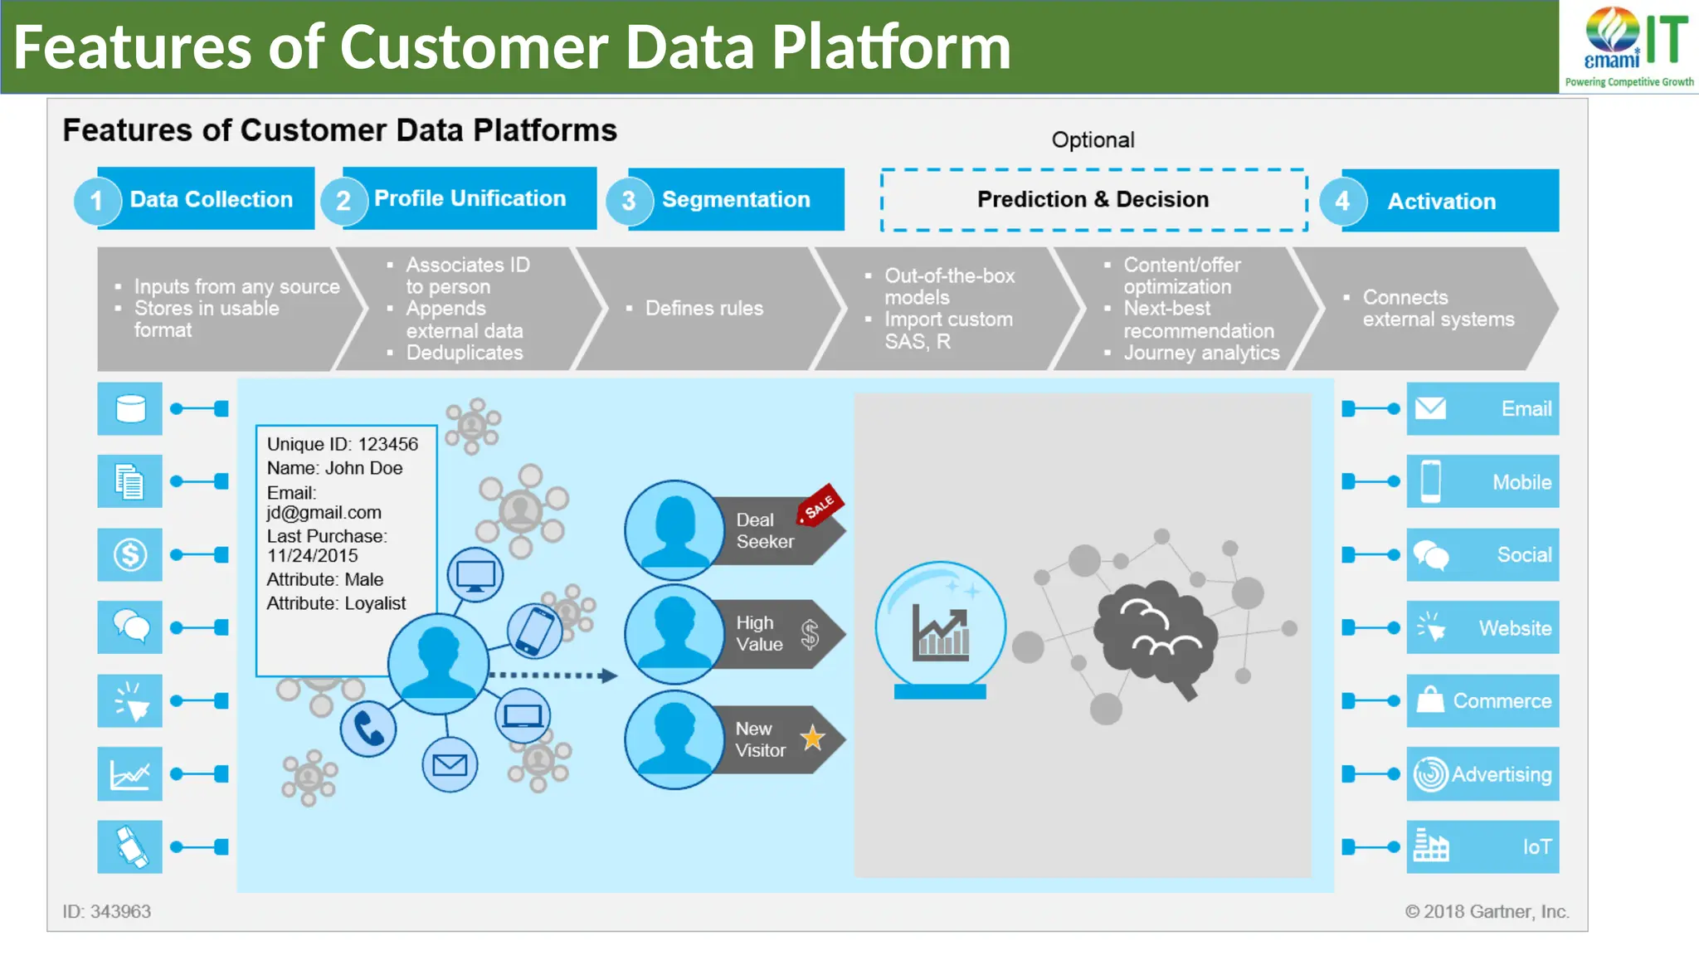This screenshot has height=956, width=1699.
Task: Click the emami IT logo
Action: pyautogui.click(x=1630, y=46)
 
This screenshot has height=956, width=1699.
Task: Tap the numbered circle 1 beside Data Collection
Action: pyautogui.click(x=96, y=201)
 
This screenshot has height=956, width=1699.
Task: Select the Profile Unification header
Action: pyautogui.click(x=470, y=198)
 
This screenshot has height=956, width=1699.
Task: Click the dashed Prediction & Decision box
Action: pyautogui.click(x=1093, y=200)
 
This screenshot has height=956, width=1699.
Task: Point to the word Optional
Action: pyautogui.click(x=1093, y=139)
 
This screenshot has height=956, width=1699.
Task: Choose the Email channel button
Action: pyautogui.click(x=1482, y=408)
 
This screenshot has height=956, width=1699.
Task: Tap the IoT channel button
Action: pyautogui.click(x=1482, y=846)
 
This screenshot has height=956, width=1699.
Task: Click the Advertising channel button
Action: pyautogui.click(x=1482, y=773)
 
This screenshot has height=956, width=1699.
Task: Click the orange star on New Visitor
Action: pyautogui.click(x=812, y=738)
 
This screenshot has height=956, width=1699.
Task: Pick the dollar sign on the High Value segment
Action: pyautogui.click(x=810, y=635)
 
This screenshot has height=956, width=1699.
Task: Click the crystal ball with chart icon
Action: pyautogui.click(x=940, y=629)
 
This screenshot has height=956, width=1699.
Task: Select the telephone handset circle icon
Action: pyautogui.click(x=368, y=729)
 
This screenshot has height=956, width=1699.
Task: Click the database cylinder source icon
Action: pyautogui.click(x=130, y=408)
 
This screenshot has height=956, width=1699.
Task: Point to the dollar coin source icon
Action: pyautogui.click(x=130, y=554)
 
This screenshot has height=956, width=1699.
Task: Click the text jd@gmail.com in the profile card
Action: pyautogui.click(x=324, y=513)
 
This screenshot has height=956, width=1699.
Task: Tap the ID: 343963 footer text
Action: pyautogui.click(x=106, y=911)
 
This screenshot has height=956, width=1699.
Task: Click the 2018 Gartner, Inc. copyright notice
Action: pyautogui.click(x=1486, y=911)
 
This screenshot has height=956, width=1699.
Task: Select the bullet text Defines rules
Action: pyautogui.click(x=703, y=308)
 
